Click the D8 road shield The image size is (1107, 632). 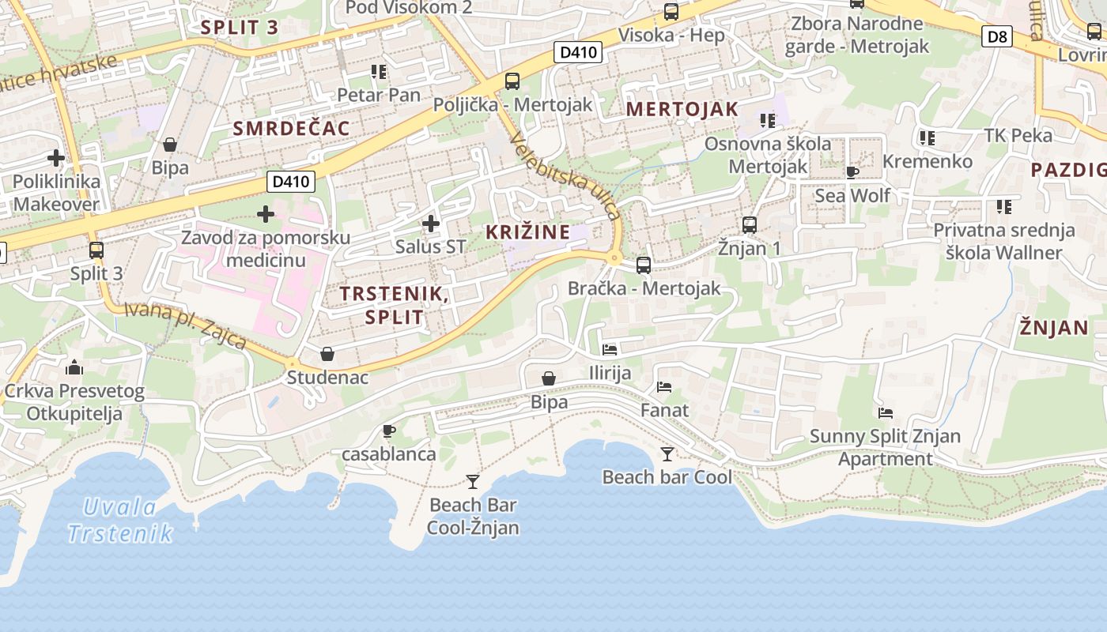click(x=998, y=36)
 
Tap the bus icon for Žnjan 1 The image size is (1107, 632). click(x=749, y=225)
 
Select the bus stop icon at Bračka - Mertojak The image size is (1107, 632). click(x=644, y=265)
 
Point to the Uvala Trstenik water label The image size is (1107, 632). click(x=120, y=520)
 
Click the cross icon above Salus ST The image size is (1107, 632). click(x=431, y=224)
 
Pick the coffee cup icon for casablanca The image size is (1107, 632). click(x=388, y=431)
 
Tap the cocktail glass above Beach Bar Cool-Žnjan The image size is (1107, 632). click(x=473, y=481)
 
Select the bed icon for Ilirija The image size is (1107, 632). click(x=610, y=349)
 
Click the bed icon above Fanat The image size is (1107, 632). click(x=664, y=387)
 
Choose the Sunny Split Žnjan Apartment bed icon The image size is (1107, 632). click(x=886, y=413)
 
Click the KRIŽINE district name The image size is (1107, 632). click(x=527, y=232)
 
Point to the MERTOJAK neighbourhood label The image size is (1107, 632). click(x=682, y=110)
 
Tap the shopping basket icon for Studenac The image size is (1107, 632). click(x=327, y=354)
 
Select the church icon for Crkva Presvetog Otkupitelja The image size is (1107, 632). click(x=74, y=367)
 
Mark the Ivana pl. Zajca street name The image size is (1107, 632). click(x=186, y=325)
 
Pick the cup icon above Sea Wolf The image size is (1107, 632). click(x=852, y=171)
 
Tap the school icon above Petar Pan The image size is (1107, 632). click(x=379, y=72)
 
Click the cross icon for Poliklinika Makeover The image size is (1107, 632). click(x=56, y=157)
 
